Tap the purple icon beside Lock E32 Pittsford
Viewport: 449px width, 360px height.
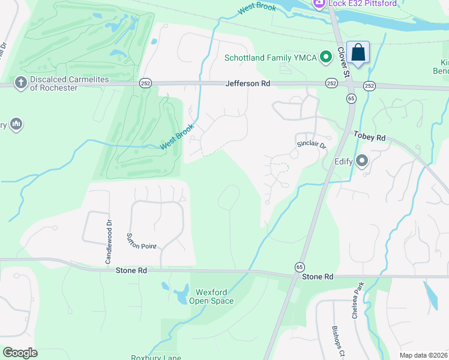click(x=319, y=4)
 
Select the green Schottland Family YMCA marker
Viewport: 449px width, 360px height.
click(x=326, y=58)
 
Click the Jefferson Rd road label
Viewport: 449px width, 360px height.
click(x=247, y=85)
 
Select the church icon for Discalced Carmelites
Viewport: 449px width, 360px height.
click(x=20, y=83)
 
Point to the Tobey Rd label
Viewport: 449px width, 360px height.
click(x=369, y=137)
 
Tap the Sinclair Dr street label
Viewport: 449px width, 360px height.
click(x=311, y=145)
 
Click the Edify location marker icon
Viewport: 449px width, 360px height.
click(x=361, y=161)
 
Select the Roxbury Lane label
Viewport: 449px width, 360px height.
click(x=156, y=357)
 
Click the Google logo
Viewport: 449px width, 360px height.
click(x=20, y=352)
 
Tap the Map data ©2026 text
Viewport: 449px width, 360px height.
click(x=423, y=355)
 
